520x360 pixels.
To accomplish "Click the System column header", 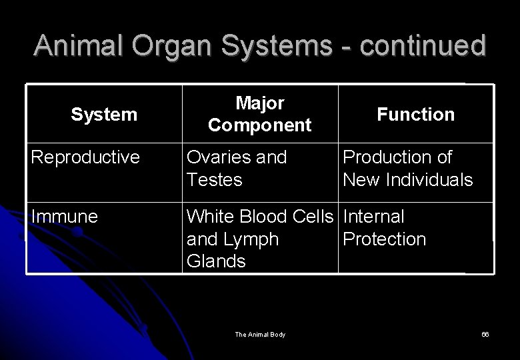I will click(104, 115).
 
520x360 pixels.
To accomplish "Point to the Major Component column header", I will click(259, 114).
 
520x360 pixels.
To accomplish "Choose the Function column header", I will click(415, 115).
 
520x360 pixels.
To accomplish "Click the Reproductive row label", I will click(85, 157).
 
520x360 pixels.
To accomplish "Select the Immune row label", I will click(64, 217).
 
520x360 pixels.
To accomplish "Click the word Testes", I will click(215, 180).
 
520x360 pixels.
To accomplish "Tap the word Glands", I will click(217, 261).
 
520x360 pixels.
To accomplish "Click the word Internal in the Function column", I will click(373, 217).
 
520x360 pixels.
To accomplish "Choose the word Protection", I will click(384, 239).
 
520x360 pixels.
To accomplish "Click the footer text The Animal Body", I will click(260, 334).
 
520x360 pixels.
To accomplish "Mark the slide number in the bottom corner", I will click(485, 334).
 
